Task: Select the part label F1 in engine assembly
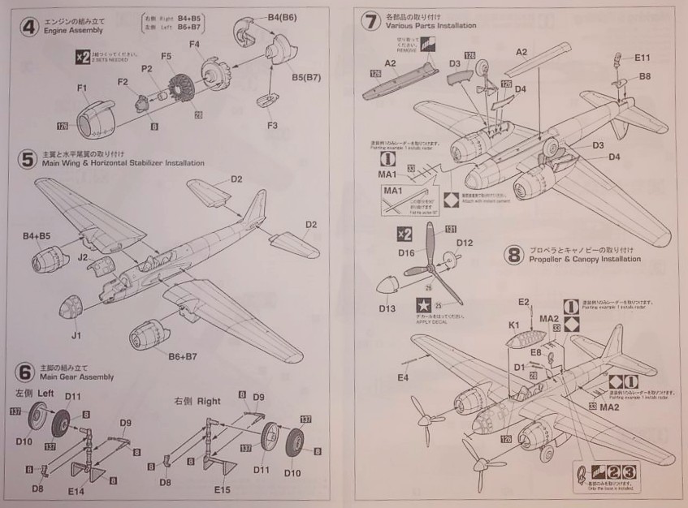(82, 88)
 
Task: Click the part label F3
(271, 125)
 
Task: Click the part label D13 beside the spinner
(387, 308)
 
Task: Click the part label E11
(642, 58)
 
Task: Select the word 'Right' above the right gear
(209, 401)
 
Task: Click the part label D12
(465, 242)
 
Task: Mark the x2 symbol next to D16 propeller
(404, 234)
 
